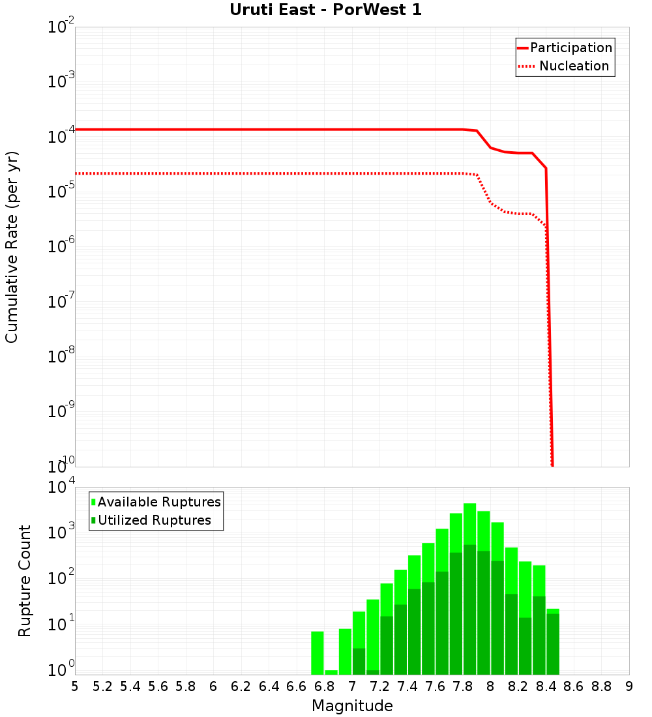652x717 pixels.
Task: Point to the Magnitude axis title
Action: coord(352,706)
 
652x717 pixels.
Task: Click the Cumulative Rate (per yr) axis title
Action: coord(12,246)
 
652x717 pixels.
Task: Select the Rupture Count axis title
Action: coord(25,581)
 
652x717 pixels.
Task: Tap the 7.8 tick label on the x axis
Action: coord(463,686)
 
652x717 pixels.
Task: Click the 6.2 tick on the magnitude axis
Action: coord(241,686)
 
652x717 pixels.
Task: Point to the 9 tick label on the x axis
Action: coord(629,686)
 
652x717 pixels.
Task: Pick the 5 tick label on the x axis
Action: coord(75,686)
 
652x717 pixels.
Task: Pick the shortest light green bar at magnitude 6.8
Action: coord(331,672)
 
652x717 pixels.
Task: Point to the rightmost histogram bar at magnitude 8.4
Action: coord(553,642)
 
